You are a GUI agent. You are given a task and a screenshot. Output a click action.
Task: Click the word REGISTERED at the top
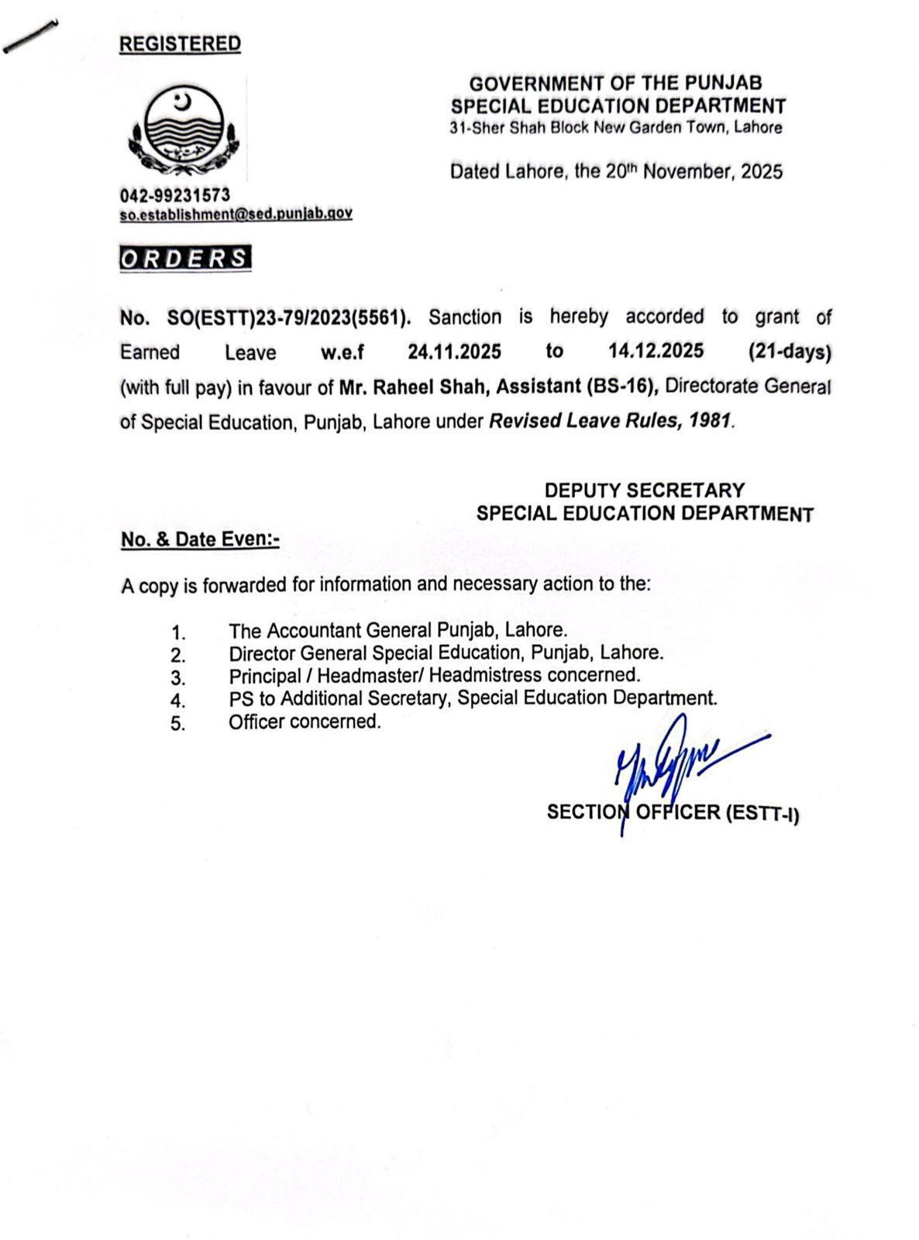click(x=180, y=44)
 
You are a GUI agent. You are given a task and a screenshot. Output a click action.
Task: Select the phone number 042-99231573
click(x=174, y=195)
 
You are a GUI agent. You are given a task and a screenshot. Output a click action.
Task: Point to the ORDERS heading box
click(x=185, y=258)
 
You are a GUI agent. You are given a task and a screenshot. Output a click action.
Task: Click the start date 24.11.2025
click(x=454, y=352)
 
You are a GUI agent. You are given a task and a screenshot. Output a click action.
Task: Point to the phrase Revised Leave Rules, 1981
click(x=609, y=422)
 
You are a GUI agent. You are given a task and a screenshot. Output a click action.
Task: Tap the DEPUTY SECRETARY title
click(x=644, y=491)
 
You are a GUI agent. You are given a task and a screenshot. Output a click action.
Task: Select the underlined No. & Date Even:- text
click(x=200, y=539)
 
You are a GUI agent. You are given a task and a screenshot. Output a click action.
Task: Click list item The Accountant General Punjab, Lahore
click(x=398, y=630)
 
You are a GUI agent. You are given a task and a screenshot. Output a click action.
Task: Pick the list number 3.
click(x=178, y=678)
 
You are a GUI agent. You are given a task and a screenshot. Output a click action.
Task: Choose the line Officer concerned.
click(x=305, y=722)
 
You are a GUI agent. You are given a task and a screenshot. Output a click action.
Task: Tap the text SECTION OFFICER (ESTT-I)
click(x=673, y=813)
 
